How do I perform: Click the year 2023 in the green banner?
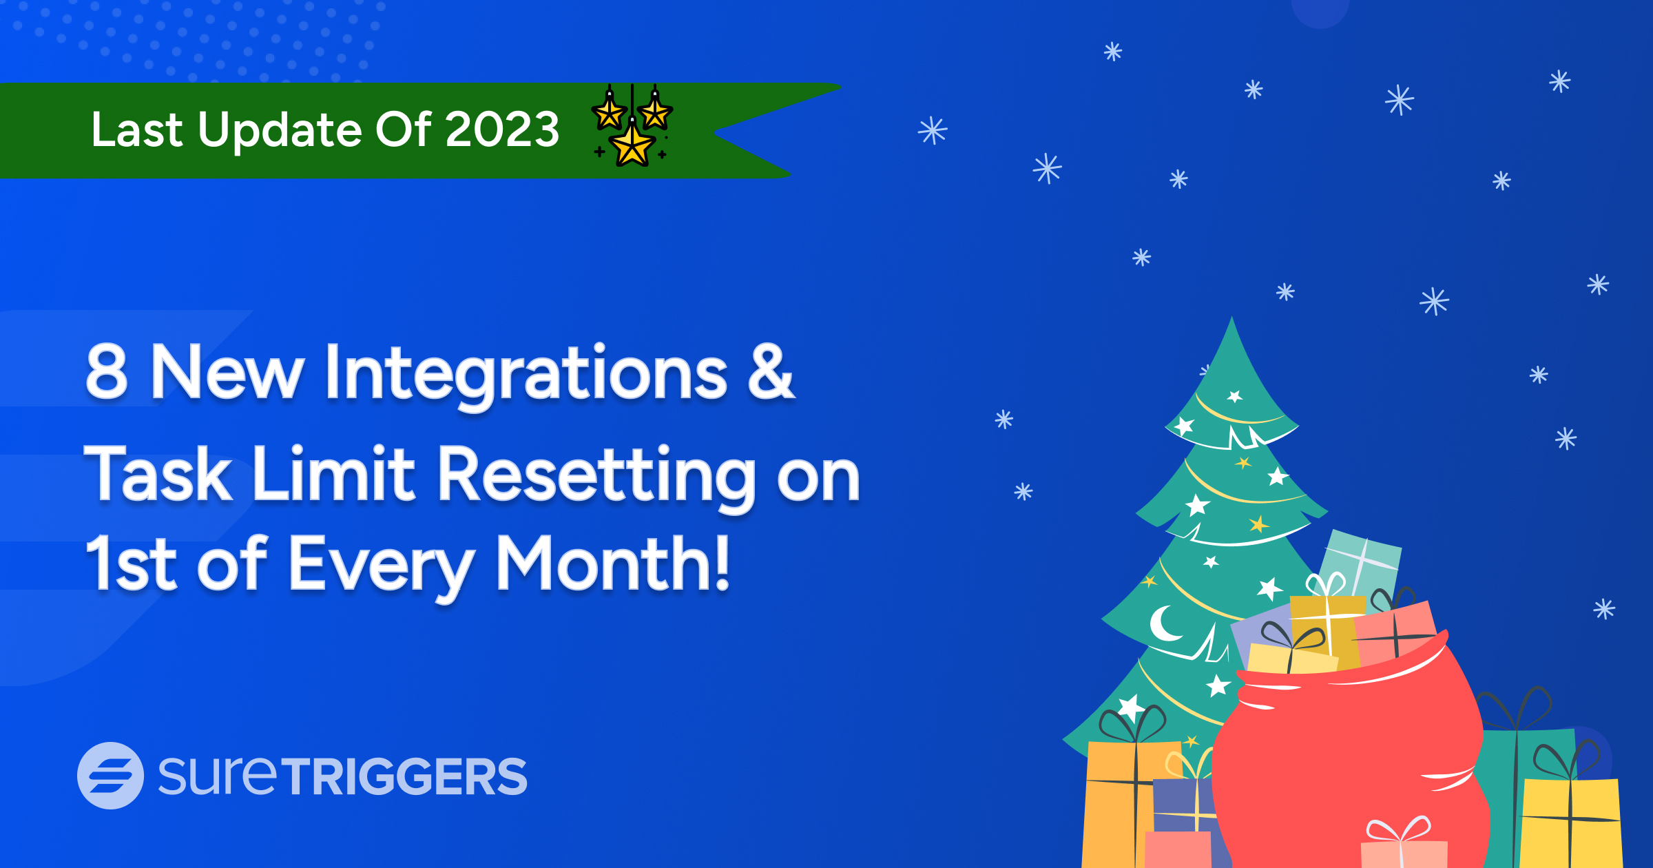tap(502, 129)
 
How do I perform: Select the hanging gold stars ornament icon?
tap(632, 125)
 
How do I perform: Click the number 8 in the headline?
tap(107, 371)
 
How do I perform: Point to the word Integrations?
tap(526, 375)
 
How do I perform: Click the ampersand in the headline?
tap(771, 371)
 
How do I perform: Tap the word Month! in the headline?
tap(613, 564)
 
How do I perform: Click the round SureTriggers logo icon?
tap(110, 775)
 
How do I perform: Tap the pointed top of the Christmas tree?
tap(1231, 318)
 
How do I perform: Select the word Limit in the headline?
tap(334, 473)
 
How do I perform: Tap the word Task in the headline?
tap(158, 473)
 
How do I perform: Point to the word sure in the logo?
tap(218, 776)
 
